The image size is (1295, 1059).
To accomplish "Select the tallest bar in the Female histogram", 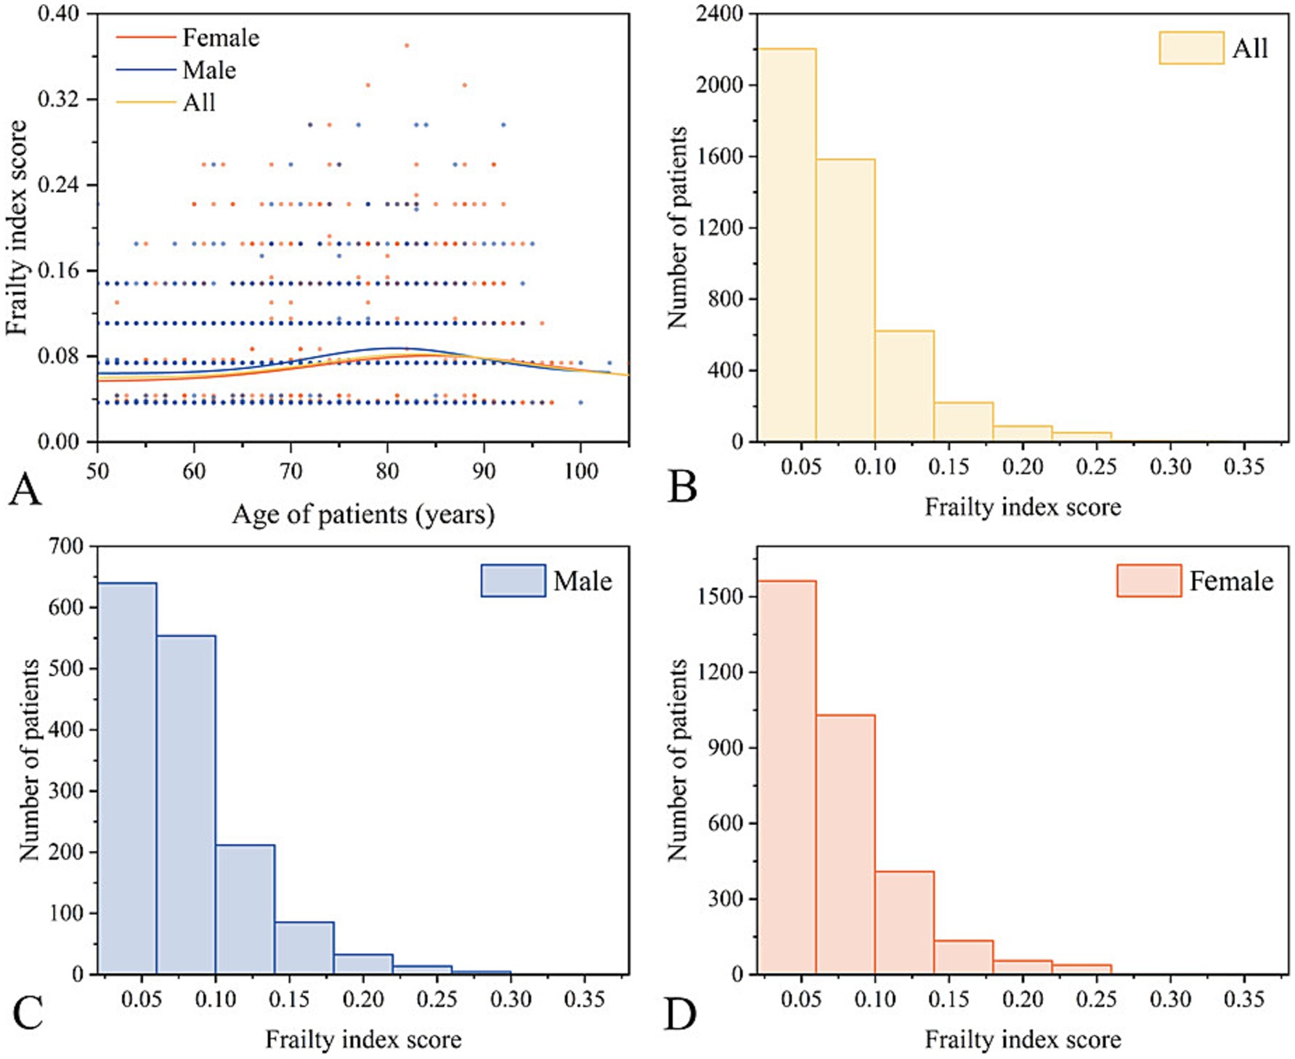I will click(787, 777).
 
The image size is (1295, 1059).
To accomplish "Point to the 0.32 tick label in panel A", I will click(58, 99).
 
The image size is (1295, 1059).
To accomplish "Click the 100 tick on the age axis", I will click(580, 471).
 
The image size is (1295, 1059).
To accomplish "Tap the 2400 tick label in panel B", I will click(719, 14).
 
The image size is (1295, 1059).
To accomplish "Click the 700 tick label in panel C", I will click(66, 546).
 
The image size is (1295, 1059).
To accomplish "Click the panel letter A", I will click(25, 490).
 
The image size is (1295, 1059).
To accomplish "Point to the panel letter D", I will click(681, 1015).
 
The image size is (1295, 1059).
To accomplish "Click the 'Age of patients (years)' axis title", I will click(363, 515).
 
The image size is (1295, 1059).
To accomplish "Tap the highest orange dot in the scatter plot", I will click(407, 46).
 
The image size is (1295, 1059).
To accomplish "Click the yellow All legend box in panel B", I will click(1191, 48).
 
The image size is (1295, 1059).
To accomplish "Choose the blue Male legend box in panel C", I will click(513, 581).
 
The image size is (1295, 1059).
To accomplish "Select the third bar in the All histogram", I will click(904, 386).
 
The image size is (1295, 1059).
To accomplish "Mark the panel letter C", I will click(28, 1015).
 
